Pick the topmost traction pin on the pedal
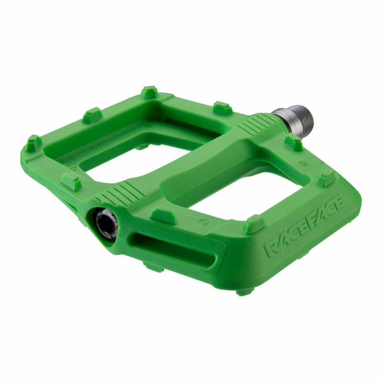[149, 92]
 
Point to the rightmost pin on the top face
[327, 179]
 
